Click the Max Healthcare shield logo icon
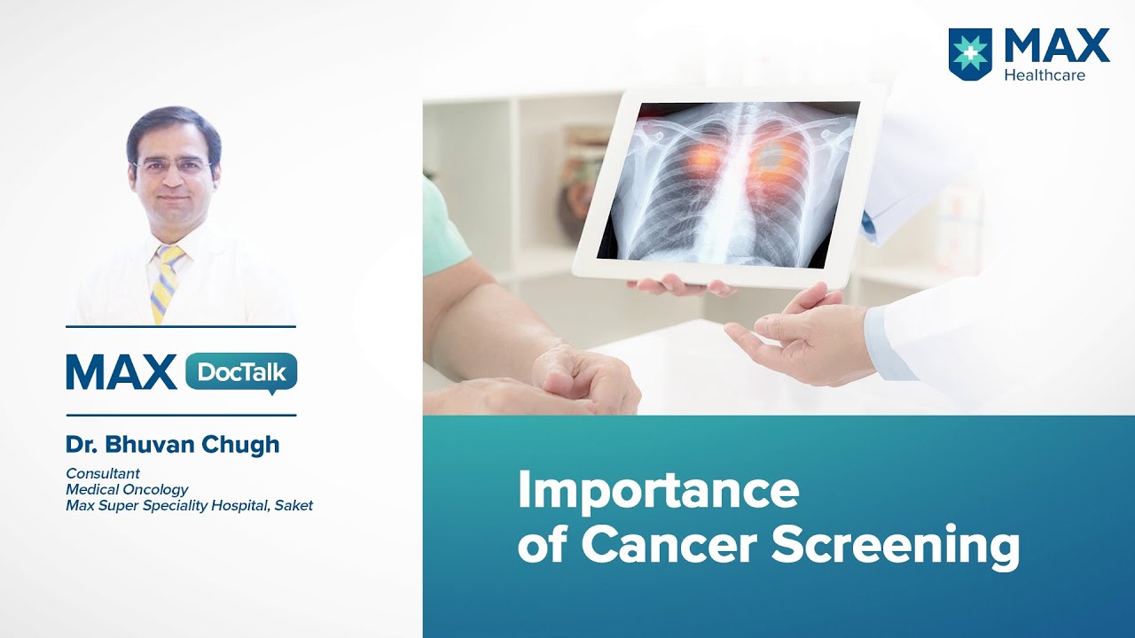(971, 54)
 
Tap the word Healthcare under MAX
(1045, 75)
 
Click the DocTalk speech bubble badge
(241, 372)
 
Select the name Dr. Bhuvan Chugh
(172, 445)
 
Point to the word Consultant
(103, 473)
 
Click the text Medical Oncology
(127, 489)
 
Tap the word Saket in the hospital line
(294, 506)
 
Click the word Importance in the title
(658, 492)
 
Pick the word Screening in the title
(896, 546)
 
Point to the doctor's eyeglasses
(172, 167)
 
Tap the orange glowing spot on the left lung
(701, 160)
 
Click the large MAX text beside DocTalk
(121, 372)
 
